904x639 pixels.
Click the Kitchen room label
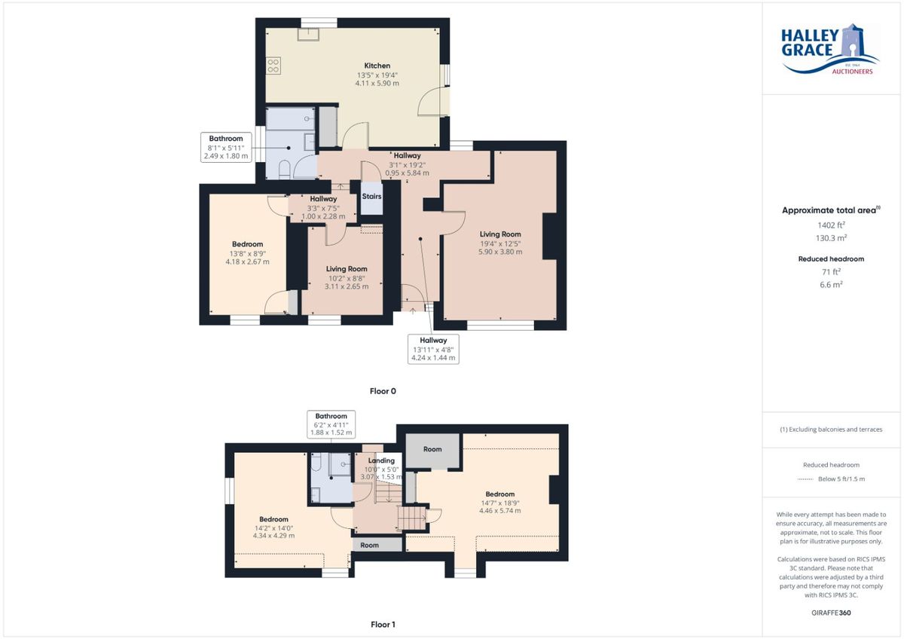pyautogui.click(x=377, y=66)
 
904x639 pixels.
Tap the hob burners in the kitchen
pyautogui.click(x=273, y=66)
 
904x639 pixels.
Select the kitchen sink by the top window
pyautogui.click(x=308, y=35)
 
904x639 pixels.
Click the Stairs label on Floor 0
pyautogui.click(x=371, y=196)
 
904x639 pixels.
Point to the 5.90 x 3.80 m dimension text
pyautogui.click(x=500, y=252)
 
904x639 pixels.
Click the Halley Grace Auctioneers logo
pyautogui.click(x=830, y=49)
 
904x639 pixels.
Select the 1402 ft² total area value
pyautogui.click(x=831, y=225)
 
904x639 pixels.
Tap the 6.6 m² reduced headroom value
pyautogui.click(x=831, y=284)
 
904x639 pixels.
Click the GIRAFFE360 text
pyautogui.click(x=831, y=613)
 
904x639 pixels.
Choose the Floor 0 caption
pyautogui.click(x=383, y=391)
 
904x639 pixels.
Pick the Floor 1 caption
pyautogui.click(x=383, y=624)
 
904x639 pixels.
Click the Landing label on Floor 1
pyautogui.click(x=381, y=460)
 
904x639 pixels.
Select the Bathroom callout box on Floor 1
pyautogui.click(x=331, y=424)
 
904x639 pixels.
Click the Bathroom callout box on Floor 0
pyautogui.click(x=226, y=148)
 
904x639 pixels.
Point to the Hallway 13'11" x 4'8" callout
pyautogui.click(x=433, y=349)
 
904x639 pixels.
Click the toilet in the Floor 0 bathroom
pyautogui.click(x=285, y=170)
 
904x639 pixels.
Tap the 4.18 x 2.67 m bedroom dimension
pyautogui.click(x=247, y=261)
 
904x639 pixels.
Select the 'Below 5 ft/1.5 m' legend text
pyautogui.click(x=841, y=479)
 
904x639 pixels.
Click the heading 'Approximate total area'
pyautogui.click(x=829, y=210)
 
